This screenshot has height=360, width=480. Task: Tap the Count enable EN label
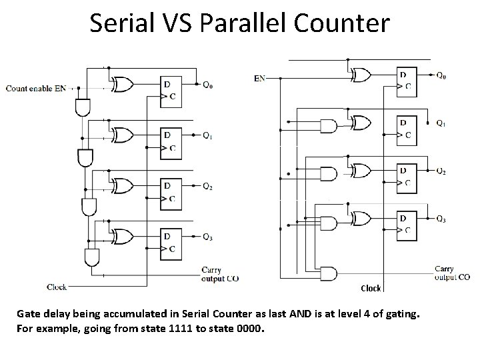(36, 88)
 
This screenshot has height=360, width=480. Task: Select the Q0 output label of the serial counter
(208, 85)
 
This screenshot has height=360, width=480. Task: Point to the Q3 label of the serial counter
(208, 237)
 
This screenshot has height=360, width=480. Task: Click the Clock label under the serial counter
(57, 287)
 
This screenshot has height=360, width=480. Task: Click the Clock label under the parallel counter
(371, 289)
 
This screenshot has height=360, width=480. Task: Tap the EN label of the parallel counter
(260, 79)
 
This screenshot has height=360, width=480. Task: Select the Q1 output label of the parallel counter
(441, 123)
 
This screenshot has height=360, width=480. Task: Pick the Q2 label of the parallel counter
(441, 171)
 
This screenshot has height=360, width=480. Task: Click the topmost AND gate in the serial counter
(83, 107)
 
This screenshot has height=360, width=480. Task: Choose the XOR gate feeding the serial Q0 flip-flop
(123, 84)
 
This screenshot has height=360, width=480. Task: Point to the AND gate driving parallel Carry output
(329, 273)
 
